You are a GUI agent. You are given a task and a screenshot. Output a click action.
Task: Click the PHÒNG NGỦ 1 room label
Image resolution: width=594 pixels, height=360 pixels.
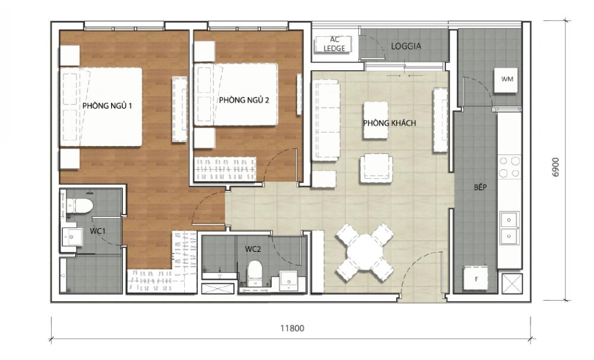pos(107,106)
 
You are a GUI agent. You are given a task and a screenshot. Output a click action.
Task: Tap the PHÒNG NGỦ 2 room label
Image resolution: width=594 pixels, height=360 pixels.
pos(244,100)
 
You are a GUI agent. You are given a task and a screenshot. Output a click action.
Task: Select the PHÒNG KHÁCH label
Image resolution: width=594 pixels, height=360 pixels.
pos(390,123)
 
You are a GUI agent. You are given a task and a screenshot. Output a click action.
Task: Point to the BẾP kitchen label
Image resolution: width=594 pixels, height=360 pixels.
pos(481,188)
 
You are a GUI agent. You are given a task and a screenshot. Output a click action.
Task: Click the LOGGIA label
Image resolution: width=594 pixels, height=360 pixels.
pos(406,46)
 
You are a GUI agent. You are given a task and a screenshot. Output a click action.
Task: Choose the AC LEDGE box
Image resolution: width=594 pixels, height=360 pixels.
pos(334,44)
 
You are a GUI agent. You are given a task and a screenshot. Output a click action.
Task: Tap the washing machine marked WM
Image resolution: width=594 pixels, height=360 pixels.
pos(507,79)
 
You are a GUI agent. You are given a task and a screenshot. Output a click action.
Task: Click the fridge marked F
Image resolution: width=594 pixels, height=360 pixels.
pos(476,277)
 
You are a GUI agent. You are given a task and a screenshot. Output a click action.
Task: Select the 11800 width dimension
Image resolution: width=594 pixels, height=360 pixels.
pos(291,327)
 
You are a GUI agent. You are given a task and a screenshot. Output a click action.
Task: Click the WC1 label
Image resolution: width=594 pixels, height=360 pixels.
pos(99,230)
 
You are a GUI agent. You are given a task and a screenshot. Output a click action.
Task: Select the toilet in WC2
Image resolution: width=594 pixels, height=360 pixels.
pos(255,272)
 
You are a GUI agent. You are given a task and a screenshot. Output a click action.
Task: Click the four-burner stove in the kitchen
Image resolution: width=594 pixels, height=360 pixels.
pos(509,167)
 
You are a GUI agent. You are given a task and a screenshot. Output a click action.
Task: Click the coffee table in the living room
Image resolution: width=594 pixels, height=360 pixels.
pos(376,120)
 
